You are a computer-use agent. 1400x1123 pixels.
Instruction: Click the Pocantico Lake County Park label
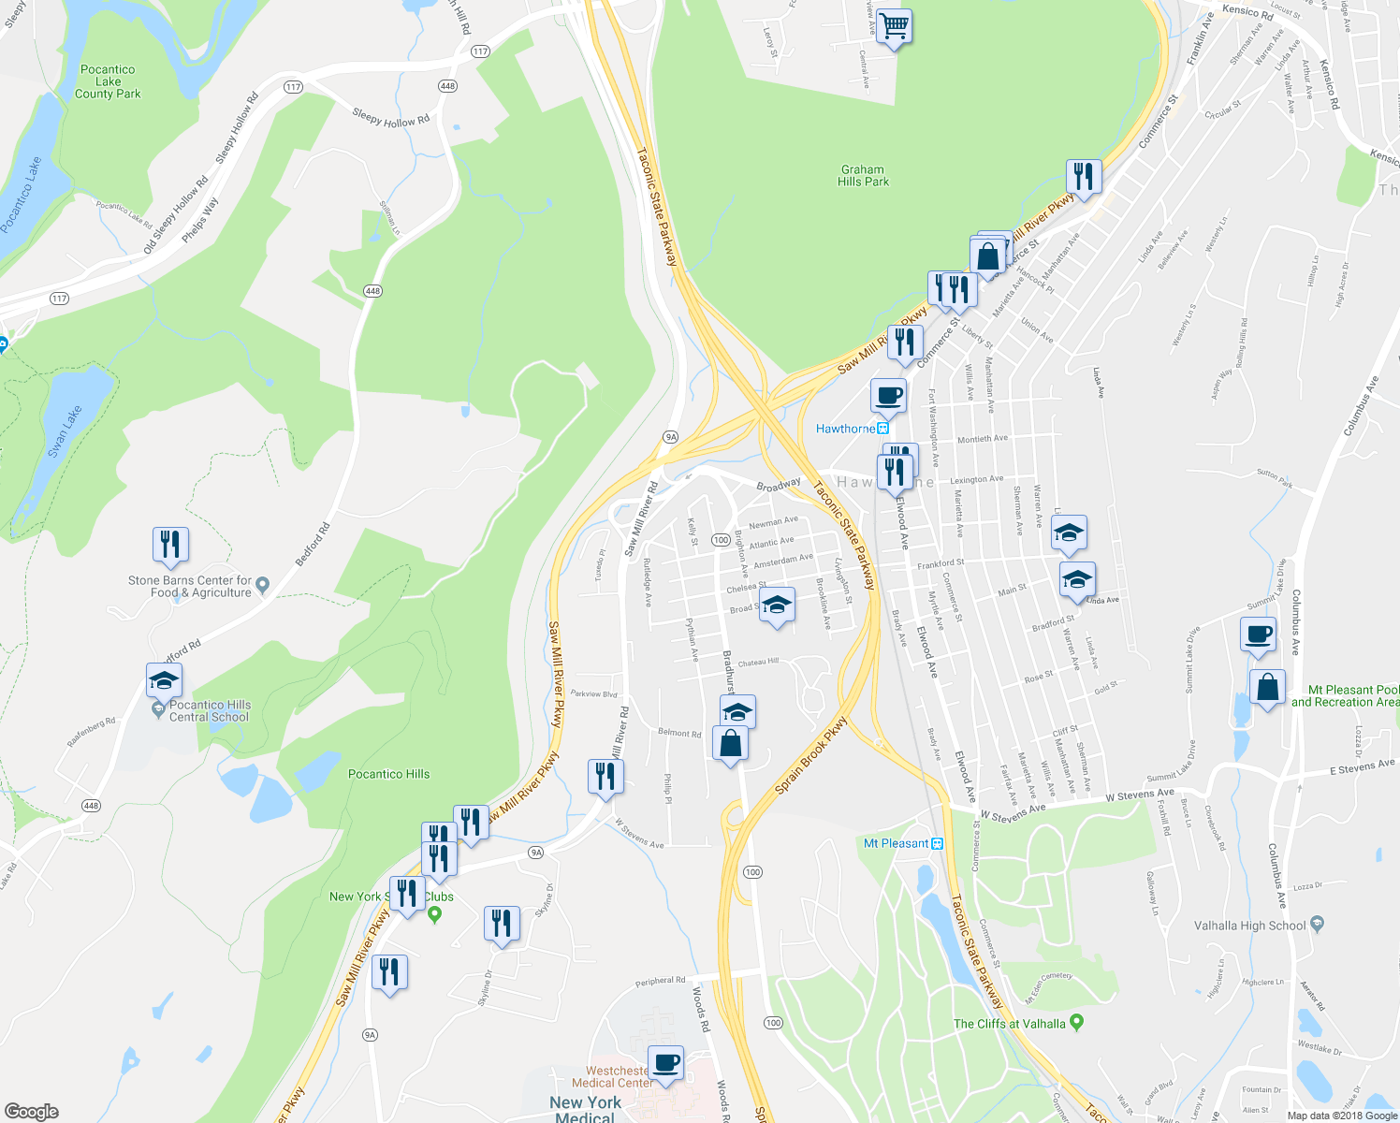pos(108,81)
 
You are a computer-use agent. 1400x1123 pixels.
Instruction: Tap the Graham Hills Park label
pos(863,176)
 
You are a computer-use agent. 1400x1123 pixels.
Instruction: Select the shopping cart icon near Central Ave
pos(894,28)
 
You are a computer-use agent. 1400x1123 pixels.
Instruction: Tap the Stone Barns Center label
pos(190,587)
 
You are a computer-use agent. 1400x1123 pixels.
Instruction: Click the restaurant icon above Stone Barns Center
pos(170,545)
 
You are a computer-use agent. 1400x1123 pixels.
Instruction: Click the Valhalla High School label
pos(1250,926)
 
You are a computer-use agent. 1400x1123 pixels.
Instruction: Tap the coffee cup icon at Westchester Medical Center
pos(665,1063)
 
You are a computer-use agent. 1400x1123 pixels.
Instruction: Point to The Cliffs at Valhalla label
pos(1009,1024)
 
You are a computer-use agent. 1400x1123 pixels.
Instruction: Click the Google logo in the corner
pos(31,1111)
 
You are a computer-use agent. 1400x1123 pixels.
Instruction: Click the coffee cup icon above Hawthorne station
pos(888,396)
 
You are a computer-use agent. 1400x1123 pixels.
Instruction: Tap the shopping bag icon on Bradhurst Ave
pos(730,744)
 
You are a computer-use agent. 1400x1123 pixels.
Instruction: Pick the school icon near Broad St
pos(777,605)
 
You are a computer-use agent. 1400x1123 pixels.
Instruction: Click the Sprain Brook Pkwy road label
pos(810,756)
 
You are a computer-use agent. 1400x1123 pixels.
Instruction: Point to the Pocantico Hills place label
pos(388,774)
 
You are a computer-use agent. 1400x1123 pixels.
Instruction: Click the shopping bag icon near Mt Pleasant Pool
pos(1267,688)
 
